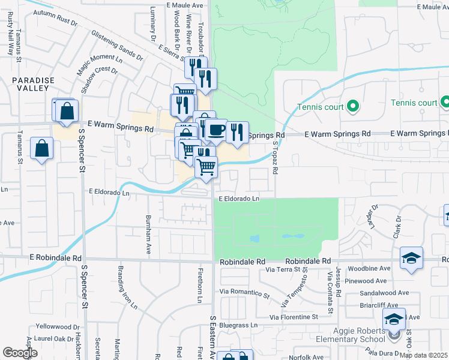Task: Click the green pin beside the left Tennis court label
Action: click(x=353, y=107)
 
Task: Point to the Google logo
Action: click(x=19, y=353)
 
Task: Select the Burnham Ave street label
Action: click(x=148, y=233)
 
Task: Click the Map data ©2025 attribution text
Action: click(x=423, y=355)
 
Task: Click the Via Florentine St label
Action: click(x=301, y=317)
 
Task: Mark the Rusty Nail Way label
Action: click(x=10, y=40)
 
